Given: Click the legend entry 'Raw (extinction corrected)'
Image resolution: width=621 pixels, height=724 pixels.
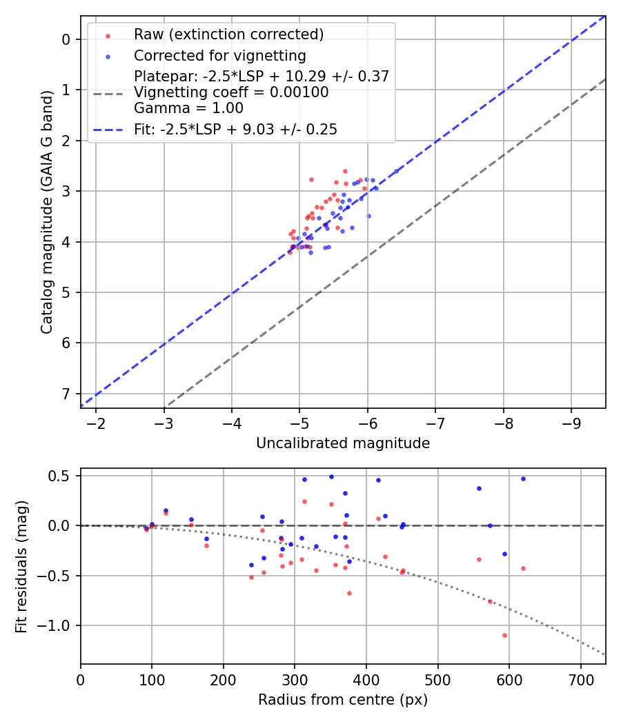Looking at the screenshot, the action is click(228, 34).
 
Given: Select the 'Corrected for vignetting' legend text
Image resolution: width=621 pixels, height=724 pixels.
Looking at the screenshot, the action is click(219, 55).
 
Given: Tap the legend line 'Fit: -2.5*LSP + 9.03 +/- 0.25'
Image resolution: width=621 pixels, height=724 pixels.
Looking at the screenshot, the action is click(235, 129).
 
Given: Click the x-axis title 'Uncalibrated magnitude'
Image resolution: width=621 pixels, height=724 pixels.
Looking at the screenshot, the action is click(343, 443).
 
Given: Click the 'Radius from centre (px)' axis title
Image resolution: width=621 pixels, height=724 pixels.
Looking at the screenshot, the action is click(343, 700).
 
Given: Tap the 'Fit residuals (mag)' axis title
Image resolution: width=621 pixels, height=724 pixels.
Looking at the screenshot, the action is click(22, 566).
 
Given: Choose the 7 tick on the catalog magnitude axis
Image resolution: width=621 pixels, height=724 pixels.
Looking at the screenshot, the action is click(67, 394).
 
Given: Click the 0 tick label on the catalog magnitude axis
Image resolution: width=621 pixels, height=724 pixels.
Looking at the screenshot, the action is click(67, 39).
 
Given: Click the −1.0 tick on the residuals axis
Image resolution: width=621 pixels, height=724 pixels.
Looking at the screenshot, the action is click(59, 625).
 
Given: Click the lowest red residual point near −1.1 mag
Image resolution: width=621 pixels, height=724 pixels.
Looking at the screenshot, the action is click(504, 635).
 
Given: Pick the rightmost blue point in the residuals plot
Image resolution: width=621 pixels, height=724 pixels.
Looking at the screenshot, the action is click(523, 479).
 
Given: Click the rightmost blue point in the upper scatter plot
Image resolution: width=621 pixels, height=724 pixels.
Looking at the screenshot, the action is click(396, 171).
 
